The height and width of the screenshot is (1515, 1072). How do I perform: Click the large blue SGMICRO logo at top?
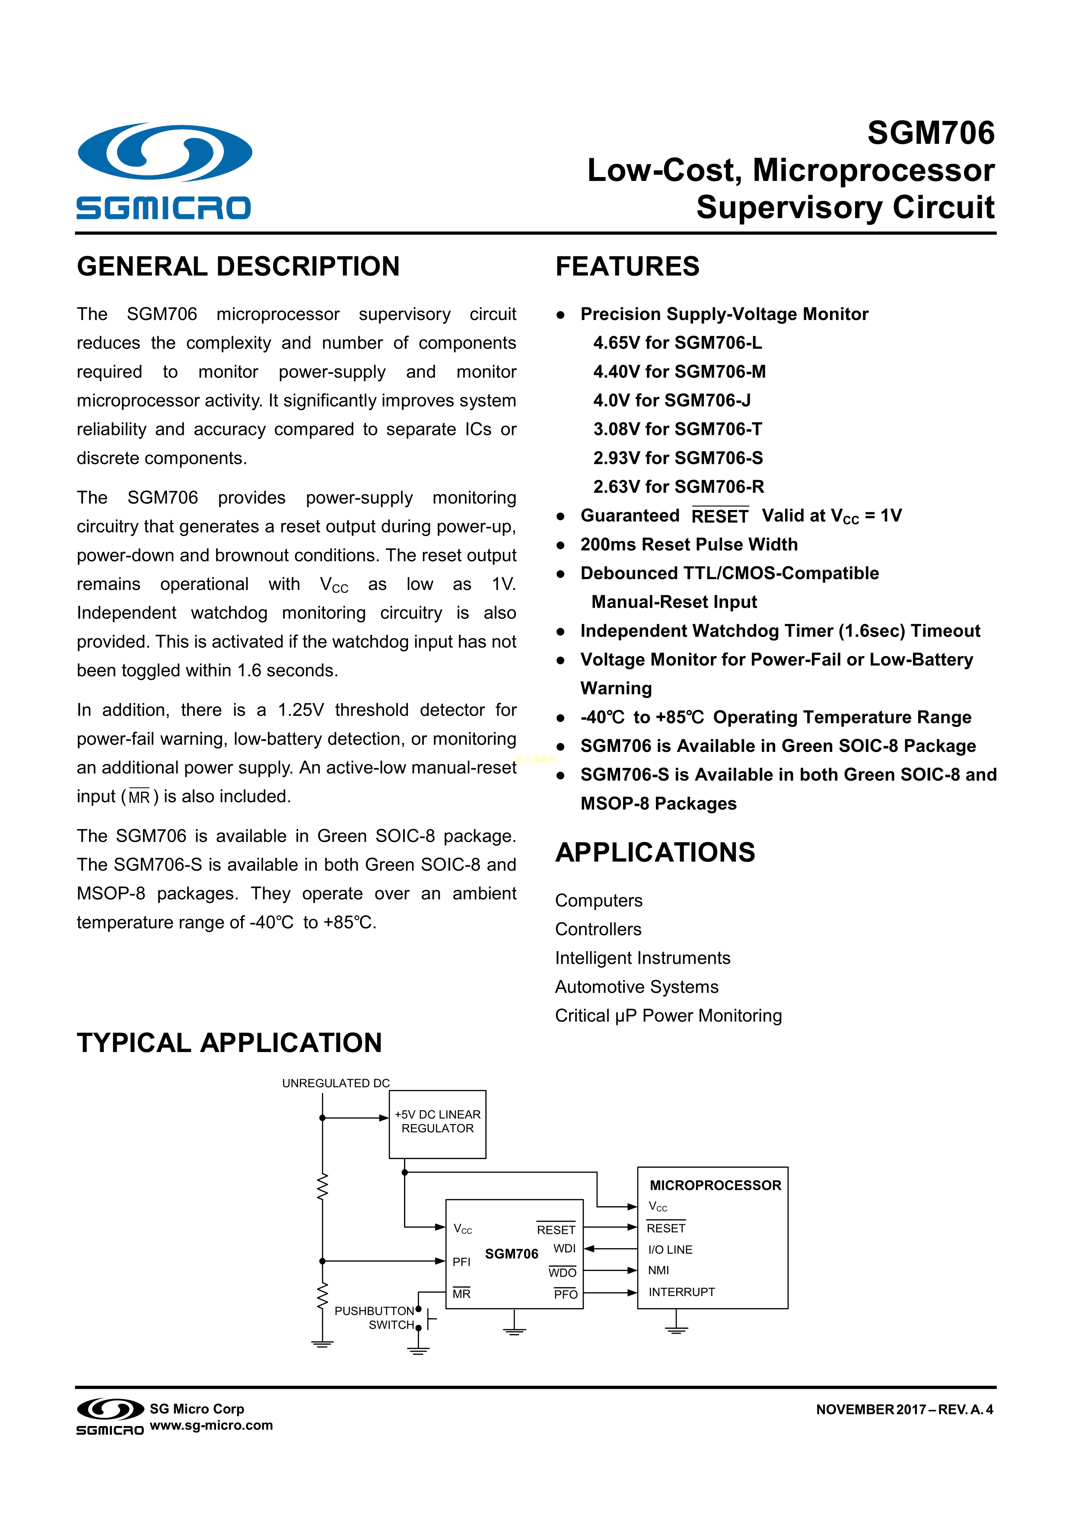(164, 170)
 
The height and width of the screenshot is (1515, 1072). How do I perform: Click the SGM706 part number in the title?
(930, 133)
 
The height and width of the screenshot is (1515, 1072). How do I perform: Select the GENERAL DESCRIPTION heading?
(239, 266)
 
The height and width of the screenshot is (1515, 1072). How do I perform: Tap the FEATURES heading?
(627, 266)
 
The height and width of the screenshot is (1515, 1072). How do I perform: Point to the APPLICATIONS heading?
(655, 853)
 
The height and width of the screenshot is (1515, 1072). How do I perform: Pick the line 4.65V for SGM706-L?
(677, 343)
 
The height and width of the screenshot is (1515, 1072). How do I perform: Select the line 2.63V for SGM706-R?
(678, 487)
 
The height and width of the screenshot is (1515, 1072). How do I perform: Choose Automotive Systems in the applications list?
(636, 987)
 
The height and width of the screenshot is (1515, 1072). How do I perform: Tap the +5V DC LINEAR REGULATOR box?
(438, 1124)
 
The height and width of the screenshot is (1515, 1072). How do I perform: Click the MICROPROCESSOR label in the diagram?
(715, 1186)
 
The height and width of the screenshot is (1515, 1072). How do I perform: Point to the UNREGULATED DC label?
(336, 1084)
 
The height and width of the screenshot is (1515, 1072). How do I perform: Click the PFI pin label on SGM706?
(461, 1262)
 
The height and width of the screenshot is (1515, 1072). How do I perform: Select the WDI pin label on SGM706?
(564, 1249)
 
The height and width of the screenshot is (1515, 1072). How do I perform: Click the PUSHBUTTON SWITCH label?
(374, 1318)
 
